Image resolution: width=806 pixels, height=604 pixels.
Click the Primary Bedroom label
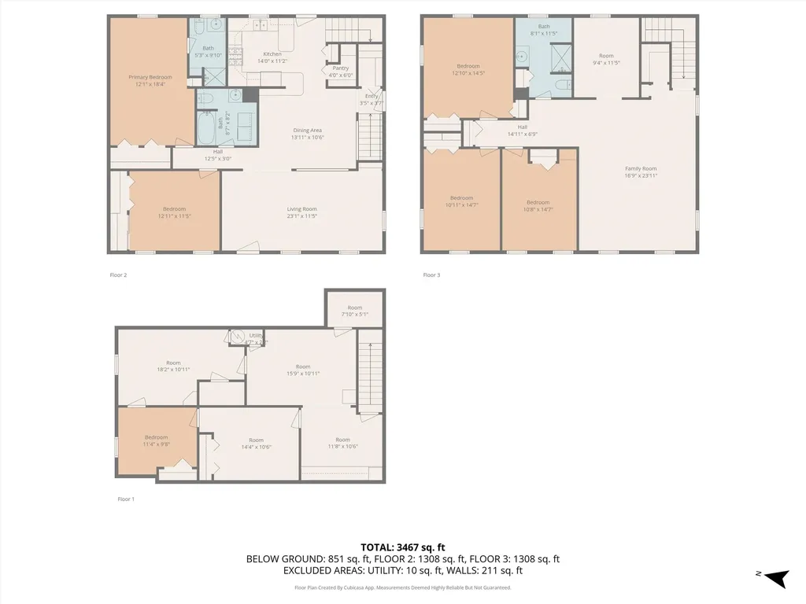(150, 77)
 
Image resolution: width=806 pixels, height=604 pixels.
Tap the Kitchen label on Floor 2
(272, 54)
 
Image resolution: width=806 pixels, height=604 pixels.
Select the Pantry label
(340, 68)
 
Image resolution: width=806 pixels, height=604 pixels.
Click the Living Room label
(301, 208)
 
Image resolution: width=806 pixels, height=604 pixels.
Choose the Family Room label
(641, 168)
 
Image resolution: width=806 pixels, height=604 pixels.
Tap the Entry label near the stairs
(372, 96)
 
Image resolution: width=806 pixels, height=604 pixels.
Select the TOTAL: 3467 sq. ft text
(402, 547)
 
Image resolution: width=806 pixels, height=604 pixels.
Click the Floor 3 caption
(431, 275)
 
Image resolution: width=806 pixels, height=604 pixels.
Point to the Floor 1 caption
(126, 499)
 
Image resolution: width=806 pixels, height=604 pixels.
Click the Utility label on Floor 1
(255, 336)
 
